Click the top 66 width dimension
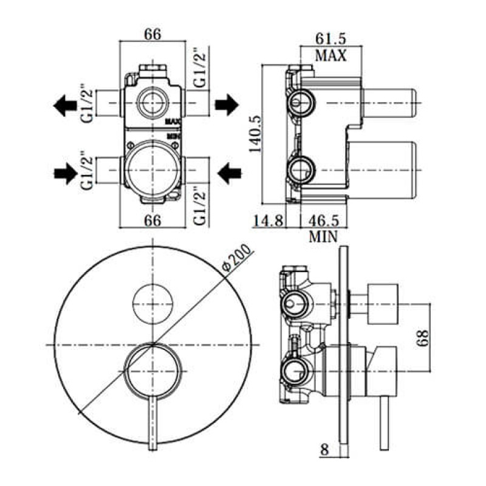point(152,35)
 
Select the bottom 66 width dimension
point(152,220)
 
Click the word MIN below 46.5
point(323,236)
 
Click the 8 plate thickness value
point(324,450)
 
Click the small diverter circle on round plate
point(152,303)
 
